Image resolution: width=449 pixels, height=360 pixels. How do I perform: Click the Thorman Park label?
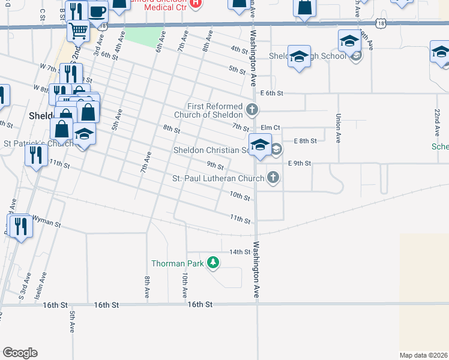[x=177, y=263]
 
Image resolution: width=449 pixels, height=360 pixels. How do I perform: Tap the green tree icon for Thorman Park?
[x=212, y=262]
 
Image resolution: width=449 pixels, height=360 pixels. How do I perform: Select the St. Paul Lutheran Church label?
[x=218, y=178]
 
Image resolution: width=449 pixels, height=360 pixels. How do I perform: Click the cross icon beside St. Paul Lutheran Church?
[x=273, y=177]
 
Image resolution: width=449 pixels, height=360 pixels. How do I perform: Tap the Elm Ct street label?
[x=270, y=128]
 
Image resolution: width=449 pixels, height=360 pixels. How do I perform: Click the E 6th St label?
[x=271, y=93]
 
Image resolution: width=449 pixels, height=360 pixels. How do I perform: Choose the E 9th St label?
[x=300, y=163]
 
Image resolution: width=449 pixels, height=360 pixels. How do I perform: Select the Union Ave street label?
[x=339, y=128]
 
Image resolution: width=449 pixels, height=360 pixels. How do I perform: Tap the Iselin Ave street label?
[x=43, y=285]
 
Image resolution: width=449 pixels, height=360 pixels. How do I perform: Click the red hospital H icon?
[x=194, y=3]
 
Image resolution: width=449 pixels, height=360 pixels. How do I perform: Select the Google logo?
[x=20, y=352]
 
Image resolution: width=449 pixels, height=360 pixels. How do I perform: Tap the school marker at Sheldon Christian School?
[x=260, y=145]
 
